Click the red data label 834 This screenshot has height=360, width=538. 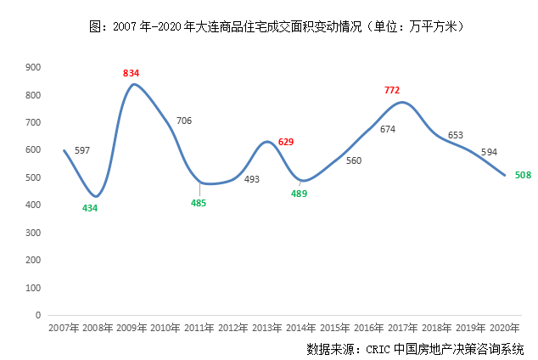(x=131, y=74)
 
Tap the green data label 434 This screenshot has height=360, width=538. (x=90, y=208)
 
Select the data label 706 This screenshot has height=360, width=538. (x=183, y=121)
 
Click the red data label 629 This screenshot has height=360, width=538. (x=286, y=142)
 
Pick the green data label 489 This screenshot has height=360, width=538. (x=299, y=194)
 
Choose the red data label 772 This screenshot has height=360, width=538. (x=391, y=89)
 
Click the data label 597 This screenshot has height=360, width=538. (x=82, y=150)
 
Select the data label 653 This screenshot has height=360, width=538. (x=455, y=135)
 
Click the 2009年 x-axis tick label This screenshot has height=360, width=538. (x=132, y=327)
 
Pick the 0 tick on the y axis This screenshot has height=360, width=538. (x=38, y=315)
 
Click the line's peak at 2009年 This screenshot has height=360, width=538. (x=133, y=84)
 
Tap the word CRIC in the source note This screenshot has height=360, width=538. (x=379, y=349)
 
